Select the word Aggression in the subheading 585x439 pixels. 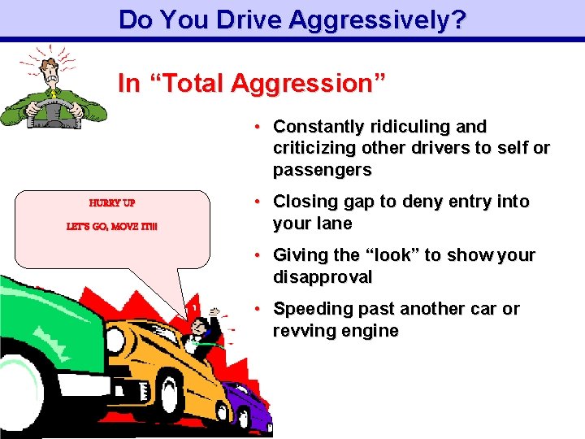click(308, 83)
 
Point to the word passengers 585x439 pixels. click(323, 171)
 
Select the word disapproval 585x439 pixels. click(323, 277)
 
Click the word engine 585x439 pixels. click(370, 331)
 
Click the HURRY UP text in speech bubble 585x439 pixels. click(112, 202)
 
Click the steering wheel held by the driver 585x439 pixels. click(50, 113)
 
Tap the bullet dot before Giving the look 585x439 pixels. click(256, 255)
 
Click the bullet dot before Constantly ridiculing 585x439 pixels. click(256, 127)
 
